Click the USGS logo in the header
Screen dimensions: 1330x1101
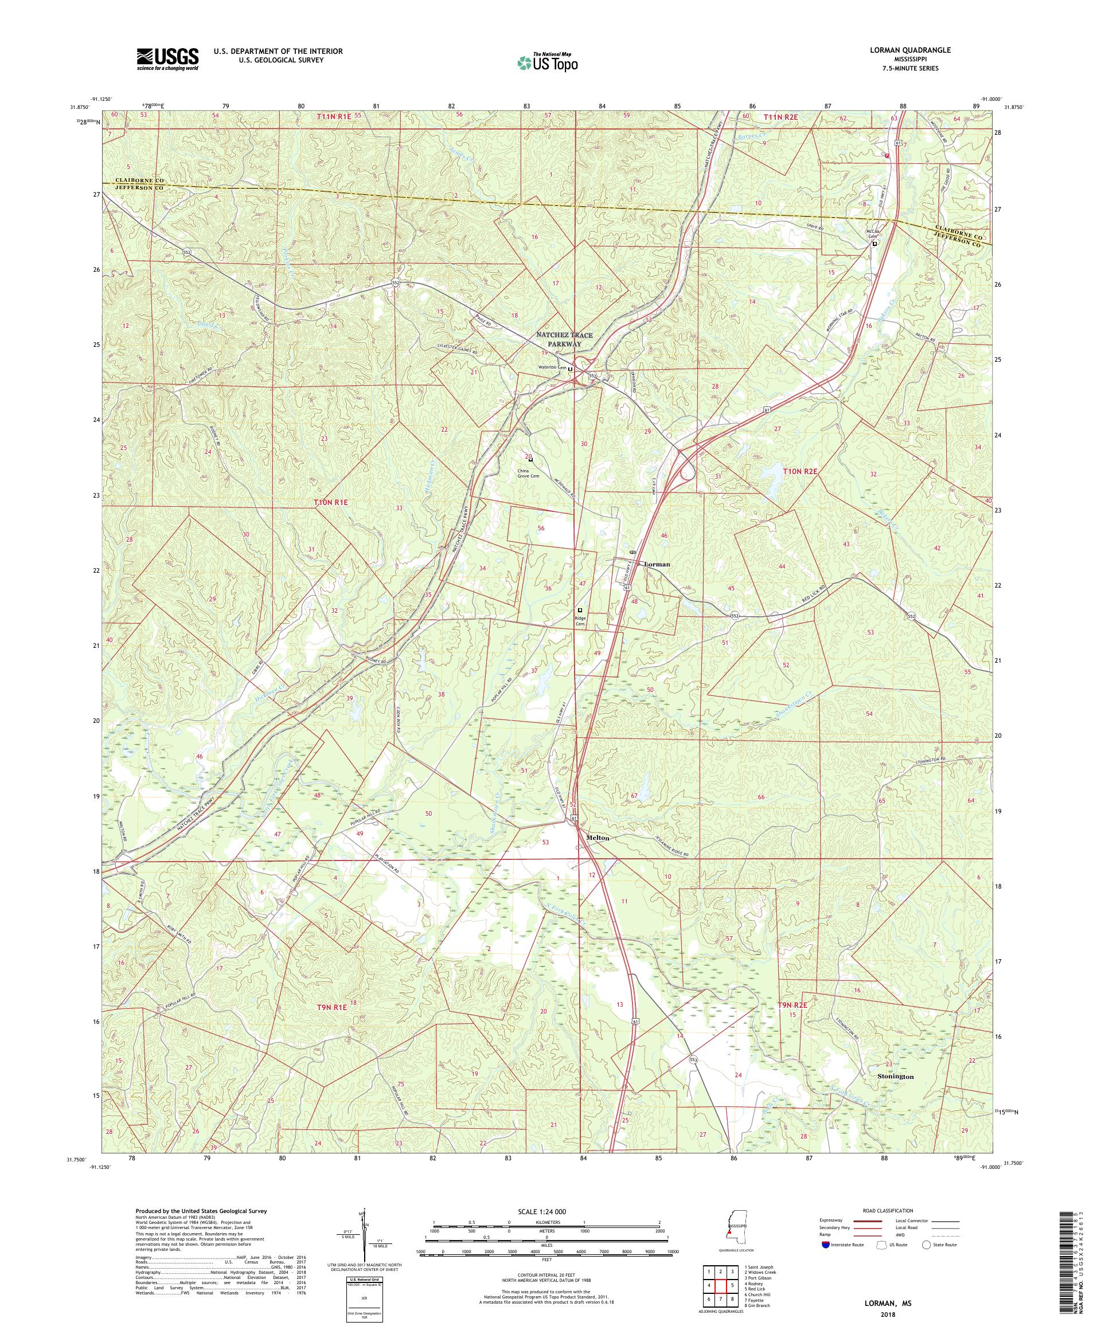pyautogui.click(x=167, y=59)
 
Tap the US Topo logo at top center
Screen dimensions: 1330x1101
pyautogui.click(x=548, y=62)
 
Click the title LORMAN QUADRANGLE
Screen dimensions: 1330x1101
pyautogui.click(x=912, y=50)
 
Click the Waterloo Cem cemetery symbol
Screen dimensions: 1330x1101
pyautogui.click(x=570, y=369)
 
